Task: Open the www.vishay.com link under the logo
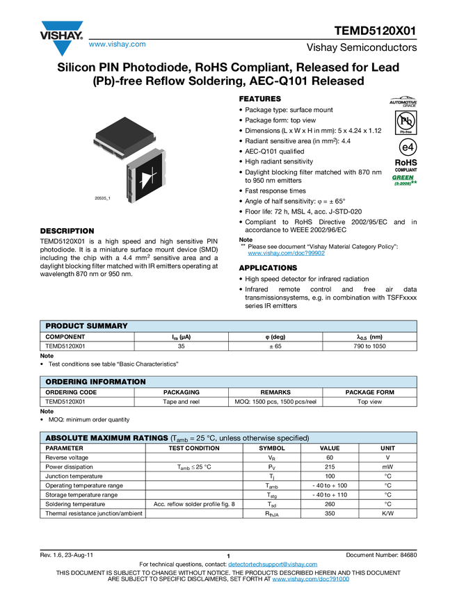coord(118,44)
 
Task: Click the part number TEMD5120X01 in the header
coord(376,31)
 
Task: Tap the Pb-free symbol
coord(406,122)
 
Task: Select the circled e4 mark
coord(408,147)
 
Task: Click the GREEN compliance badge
coord(404,180)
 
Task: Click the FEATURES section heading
coord(259,99)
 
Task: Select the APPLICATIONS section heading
coord(268,268)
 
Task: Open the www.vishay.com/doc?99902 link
coord(286,253)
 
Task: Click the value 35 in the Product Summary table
coord(181,346)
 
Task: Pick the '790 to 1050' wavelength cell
coord(369,346)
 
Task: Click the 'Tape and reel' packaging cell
coord(181,402)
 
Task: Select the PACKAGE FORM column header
coord(369,392)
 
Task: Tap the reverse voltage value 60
coord(330,458)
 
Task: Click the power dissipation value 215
coord(330,467)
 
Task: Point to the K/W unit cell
coord(387,513)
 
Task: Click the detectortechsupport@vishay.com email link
coord(273,565)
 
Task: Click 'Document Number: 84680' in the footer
coord(381,556)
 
